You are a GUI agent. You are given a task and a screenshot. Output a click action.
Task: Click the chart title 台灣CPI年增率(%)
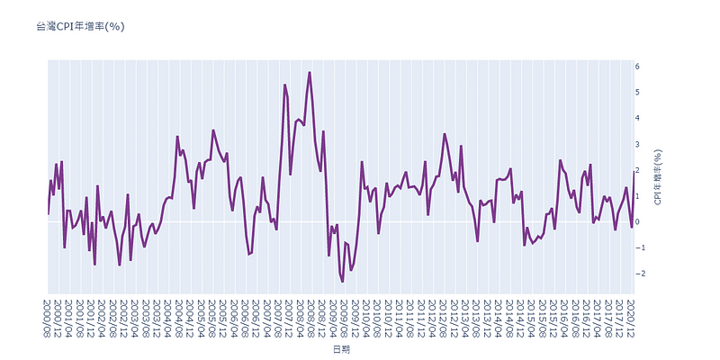[x=80, y=27]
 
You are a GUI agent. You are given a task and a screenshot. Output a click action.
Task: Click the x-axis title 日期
[x=343, y=349]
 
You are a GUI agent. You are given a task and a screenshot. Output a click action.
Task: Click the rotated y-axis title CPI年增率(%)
[x=658, y=176]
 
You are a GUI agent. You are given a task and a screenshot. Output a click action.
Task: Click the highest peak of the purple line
[x=310, y=72]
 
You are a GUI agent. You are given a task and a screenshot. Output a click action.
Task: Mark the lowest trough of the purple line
[x=342, y=282]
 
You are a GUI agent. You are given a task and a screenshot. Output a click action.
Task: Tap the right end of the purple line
[x=634, y=171]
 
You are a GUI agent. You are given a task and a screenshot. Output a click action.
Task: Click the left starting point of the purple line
[x=48, y=214]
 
